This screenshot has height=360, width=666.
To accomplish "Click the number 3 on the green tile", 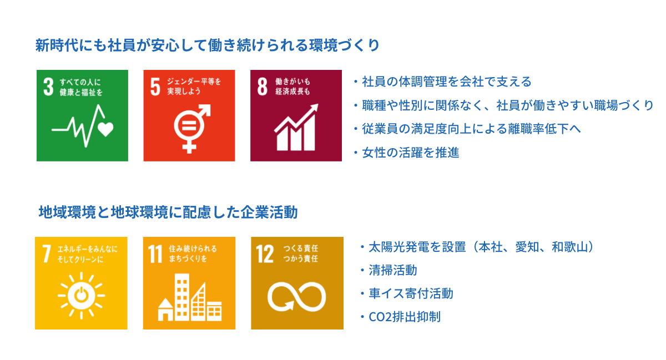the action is (48, 87).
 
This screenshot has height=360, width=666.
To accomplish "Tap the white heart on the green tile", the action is (105, 129).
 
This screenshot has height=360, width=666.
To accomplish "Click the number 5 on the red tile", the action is (155, 87).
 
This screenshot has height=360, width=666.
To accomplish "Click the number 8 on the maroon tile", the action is (262, 87).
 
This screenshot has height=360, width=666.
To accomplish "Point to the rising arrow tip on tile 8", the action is (318, 104).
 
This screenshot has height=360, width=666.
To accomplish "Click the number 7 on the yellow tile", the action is (47, 253).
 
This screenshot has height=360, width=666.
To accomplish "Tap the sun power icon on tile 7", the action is (81, 296).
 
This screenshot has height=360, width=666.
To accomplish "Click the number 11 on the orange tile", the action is (155, 253).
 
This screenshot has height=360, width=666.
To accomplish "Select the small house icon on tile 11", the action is (165, 310).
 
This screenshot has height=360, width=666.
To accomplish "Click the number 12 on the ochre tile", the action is (265, 253).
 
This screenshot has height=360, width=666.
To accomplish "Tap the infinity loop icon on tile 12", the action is (297, 297).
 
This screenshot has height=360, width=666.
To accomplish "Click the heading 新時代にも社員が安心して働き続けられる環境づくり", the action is (208, 45).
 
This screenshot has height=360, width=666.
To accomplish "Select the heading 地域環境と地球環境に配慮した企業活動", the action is (168, 212).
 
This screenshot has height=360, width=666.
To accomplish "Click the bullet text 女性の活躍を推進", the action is (410, 153).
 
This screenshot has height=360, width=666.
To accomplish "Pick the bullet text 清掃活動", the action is (393, 270).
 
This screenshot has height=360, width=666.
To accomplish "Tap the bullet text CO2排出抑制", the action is (405, 317).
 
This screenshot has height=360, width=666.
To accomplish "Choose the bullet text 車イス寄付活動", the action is (411, 293).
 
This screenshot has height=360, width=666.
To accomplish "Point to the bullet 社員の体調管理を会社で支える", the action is (447, 82).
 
